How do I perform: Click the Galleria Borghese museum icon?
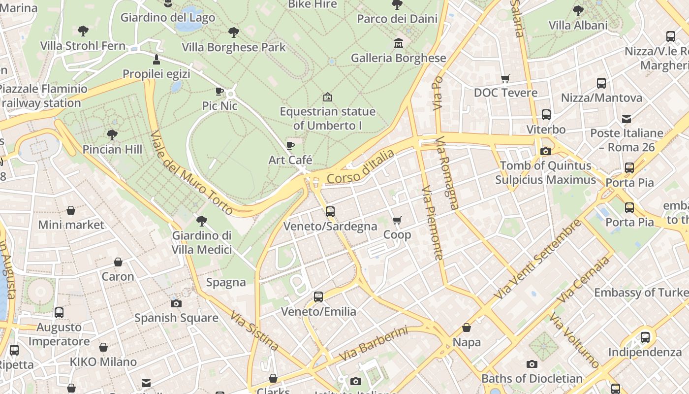[x=398, y=43]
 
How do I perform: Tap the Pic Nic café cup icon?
[x=219, y=91]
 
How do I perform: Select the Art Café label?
[x=290, y=160]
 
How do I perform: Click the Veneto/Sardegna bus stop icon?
[x=330, y=212]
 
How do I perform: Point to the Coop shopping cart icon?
[x=397, y=220]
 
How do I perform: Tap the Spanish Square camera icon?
[x=176, y=303]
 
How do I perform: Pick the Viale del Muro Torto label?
[x=191, y=172]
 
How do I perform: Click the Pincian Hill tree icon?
[x=112, y=134]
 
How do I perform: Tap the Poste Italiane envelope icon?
[x=626, y=119]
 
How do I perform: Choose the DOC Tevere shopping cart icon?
[x=505, y=78]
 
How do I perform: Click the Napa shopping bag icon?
[x=466, y=328]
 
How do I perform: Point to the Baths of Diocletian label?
[x=532, y=379]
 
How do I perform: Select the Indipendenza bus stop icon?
[x=645, y=337]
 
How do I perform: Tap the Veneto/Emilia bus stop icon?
[x=318, y=297]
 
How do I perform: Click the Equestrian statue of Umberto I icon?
[x=327, y=97]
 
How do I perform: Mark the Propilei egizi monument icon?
[x=157, y=60]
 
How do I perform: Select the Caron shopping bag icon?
[x=118, y=262]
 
